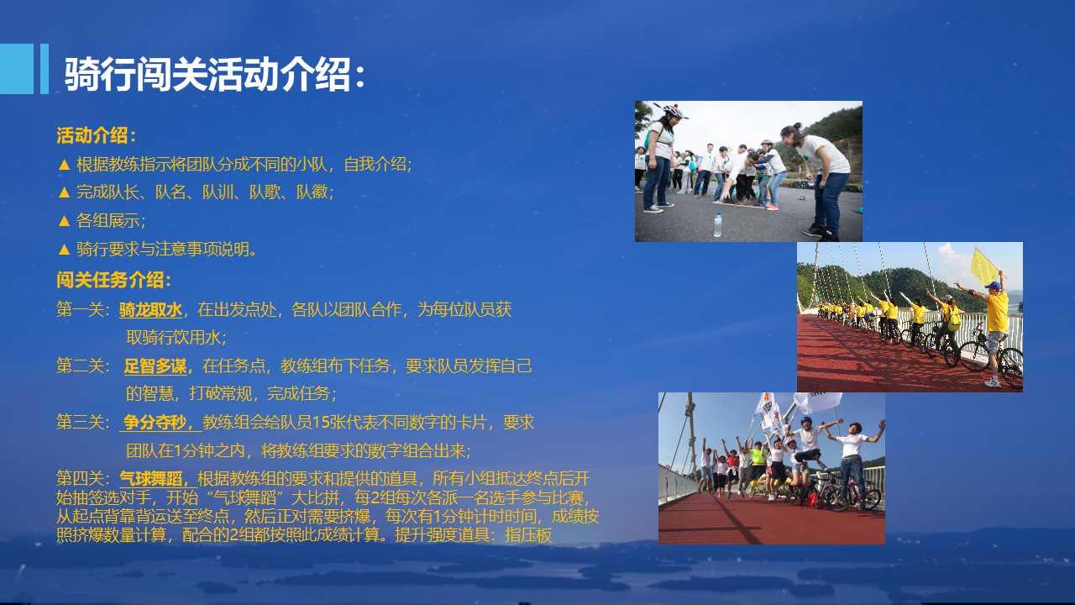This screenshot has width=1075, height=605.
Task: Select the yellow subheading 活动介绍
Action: pos(92,135)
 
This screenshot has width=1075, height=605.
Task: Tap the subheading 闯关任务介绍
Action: pos(109,280)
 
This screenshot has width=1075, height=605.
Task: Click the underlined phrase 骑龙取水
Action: pos(150,310)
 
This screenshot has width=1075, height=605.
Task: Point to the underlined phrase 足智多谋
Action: pos(155,366)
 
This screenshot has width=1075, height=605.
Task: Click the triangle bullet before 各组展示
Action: pos(64,221)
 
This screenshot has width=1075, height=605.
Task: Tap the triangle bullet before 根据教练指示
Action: pos(64,166)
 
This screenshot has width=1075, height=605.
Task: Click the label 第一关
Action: pos(80,310)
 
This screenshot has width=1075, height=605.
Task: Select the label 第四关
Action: pos(80,479)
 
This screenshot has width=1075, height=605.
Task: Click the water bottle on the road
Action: pos(717,224)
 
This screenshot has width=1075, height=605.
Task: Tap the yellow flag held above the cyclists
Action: pos(985,266)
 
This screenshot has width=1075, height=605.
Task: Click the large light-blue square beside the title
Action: pos(17,69)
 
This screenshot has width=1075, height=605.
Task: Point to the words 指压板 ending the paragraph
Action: pos(528,535)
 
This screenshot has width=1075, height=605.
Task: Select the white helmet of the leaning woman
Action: pos(673,112)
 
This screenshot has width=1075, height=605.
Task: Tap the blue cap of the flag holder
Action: pos(995,287)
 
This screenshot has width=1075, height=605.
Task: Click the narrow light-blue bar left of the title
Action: pos(45,69)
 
